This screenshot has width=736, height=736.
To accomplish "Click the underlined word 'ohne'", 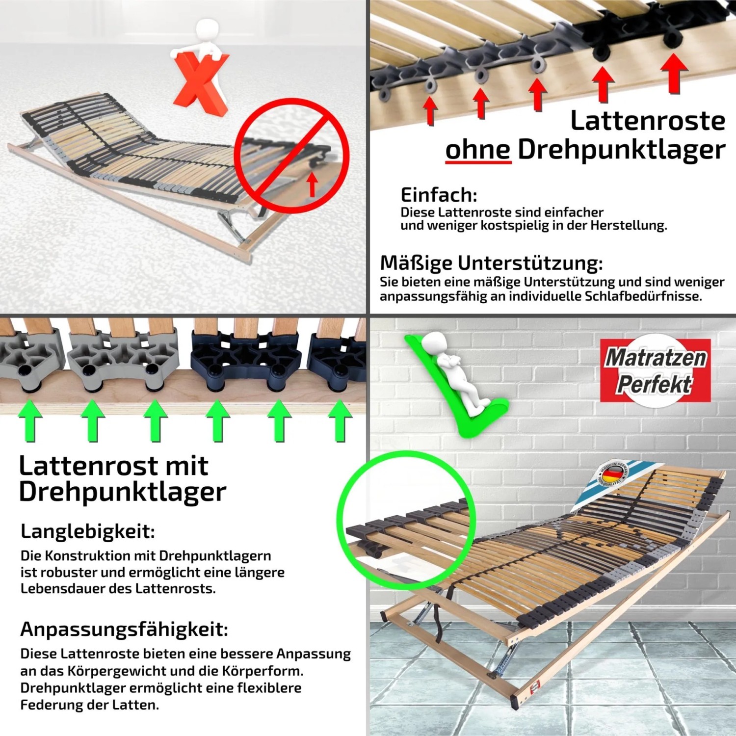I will click(x=478, y=149).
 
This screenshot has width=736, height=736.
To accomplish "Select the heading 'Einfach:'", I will click(x=439, y=195).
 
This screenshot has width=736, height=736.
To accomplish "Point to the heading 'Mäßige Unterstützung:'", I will click(x=491, y=263).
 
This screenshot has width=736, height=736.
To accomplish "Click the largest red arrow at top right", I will click(x=674, y=72).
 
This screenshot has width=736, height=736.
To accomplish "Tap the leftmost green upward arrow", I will click(x=30, y=420).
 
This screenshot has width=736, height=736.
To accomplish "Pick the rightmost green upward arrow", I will click(x=340, y=420).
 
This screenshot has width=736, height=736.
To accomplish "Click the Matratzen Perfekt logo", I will click(x=656, y=370).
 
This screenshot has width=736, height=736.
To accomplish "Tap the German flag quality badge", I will click(x=612, y=474).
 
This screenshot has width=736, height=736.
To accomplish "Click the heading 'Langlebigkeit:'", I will click(x=88, y=531).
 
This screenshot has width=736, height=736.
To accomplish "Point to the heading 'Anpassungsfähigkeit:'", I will click(x=124, y=629).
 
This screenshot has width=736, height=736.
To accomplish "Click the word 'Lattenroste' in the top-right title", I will click(x=647, y=121).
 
